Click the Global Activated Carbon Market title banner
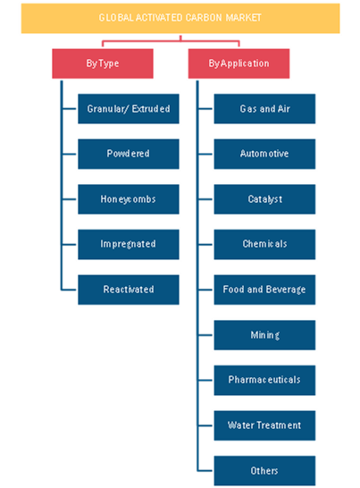pyautogui.click(x=180, y=18)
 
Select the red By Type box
pyautogui.click(x=103, y=63)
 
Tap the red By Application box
pyautogui.click(x=239, y=63)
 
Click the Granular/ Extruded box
pyautogui.click(x=129, y=109)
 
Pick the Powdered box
pyautogui.click(x=129, y=154)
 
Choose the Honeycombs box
pyautogui.click(x=129, y=199)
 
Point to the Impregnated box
pyautogui.click(x=129, y=244)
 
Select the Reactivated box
pyautogui.click(x=129, y=290)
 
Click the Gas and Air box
pyautogui.click(x=264, y=109)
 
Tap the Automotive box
pyautogui.click(x=264, y=154)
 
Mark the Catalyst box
pyautogui.click(x=264, y=199)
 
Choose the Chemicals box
pyautogui.click(x=264, y=244)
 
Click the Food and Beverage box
pyautogui.click(x=264, y=290)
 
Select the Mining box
pyautogui.click(x=264, y=335)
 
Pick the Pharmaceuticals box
pyautogui.click(x=264, y=380)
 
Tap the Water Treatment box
pyautogui.click(x=264, y=425)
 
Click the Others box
pyautogui.click(x=264, y=470)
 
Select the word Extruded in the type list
pyautogui.click(x=151, y=109)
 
